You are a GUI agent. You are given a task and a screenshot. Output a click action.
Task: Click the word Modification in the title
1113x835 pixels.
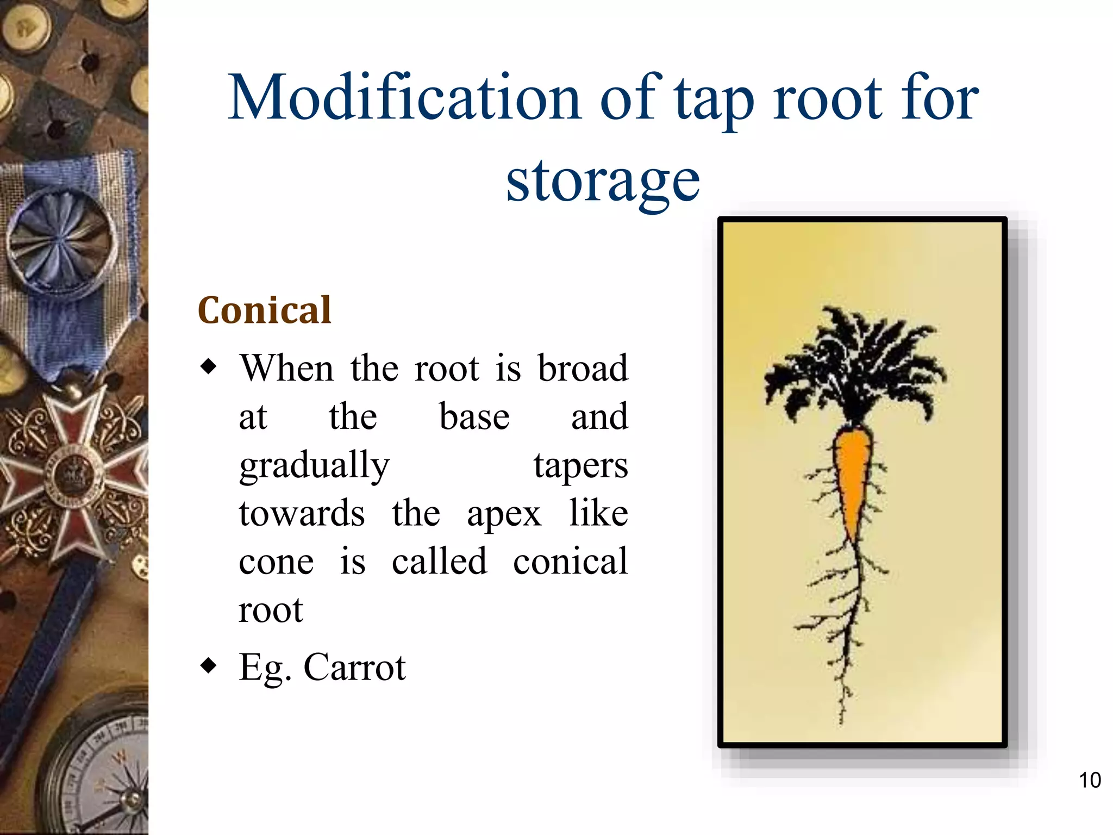coord(405,98)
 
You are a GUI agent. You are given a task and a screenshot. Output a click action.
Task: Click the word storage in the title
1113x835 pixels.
coord(603,181)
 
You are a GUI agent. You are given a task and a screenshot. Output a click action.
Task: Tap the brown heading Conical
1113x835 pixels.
coord(264,310)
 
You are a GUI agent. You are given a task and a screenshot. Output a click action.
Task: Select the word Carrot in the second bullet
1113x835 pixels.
coord(354,667)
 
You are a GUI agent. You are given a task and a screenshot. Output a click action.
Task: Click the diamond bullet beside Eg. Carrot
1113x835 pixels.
coord(208,665)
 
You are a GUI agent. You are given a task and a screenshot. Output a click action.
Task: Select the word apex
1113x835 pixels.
coord(504,514)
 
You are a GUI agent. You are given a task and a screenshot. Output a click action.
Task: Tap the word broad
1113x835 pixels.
coord(583,369)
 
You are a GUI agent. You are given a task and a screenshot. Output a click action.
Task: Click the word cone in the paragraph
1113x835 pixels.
coord(276,562)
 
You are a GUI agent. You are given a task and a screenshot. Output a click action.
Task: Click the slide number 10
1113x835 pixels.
coord(1089,780)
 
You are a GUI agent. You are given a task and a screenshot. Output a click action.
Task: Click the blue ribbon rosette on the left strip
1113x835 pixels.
coord(60,239)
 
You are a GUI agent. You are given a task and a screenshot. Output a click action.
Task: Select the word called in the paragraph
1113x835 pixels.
coord(439,562)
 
